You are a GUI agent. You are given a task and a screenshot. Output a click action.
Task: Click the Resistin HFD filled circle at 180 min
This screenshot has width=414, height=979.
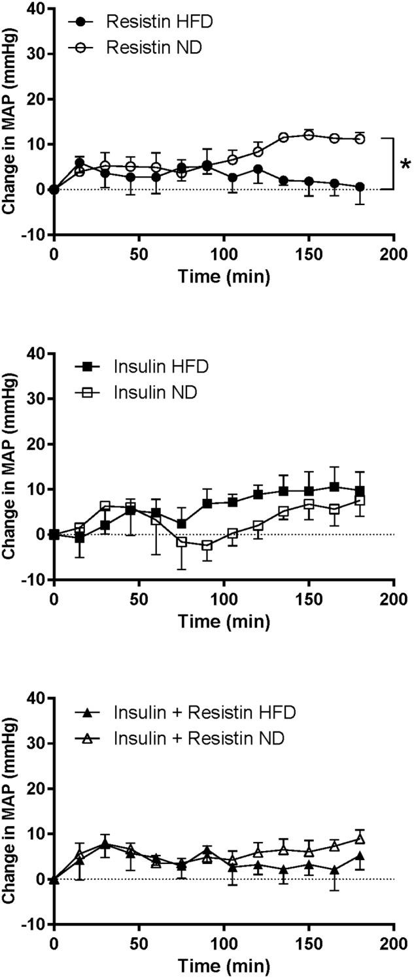tap(360, 187)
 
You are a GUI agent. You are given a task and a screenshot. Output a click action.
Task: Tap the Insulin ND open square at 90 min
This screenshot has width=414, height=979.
tap(207, 545)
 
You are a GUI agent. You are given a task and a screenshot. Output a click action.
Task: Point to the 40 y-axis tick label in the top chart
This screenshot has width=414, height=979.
tap(34, 9)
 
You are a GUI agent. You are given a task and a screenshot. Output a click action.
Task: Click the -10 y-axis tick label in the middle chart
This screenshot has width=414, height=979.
tap(31, 580)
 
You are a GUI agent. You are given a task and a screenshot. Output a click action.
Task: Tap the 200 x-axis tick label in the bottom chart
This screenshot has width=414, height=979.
tap(394, 942)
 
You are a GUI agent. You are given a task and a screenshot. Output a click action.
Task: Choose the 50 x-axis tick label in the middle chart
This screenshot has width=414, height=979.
tap(139, 598)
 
